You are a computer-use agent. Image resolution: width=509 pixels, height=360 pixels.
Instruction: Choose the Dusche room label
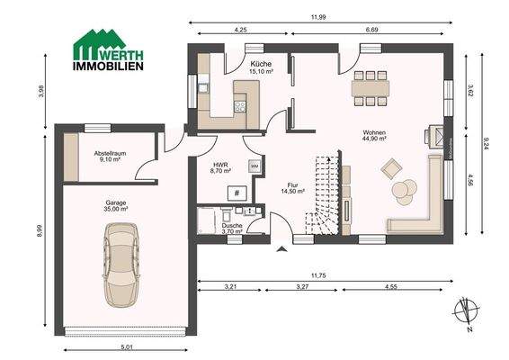coord(234,229)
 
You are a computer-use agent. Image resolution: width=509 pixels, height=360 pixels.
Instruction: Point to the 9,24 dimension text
coord(485,141)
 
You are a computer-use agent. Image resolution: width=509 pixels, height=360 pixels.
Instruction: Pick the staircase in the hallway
coord(323,194)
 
